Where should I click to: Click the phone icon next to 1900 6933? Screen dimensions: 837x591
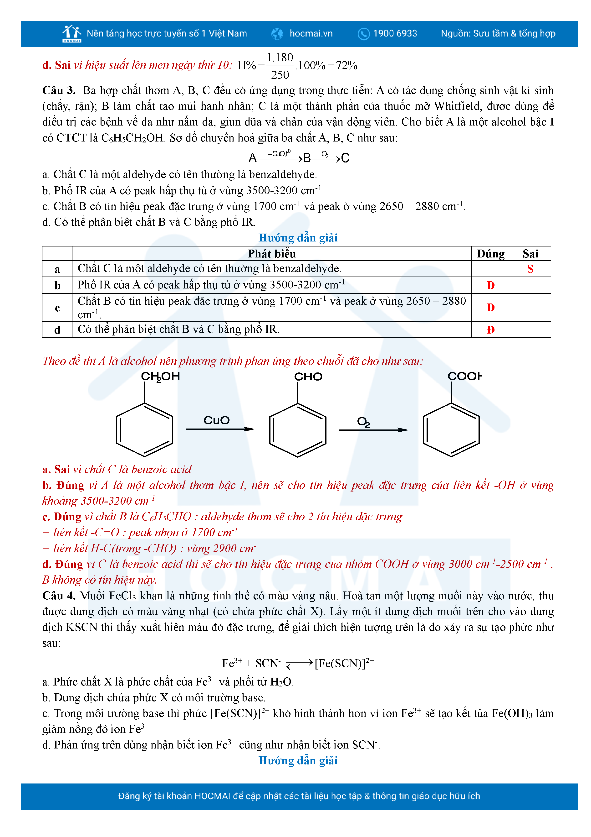[x=363, y=34]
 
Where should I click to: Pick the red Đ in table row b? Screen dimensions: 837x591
[x=490, y=285]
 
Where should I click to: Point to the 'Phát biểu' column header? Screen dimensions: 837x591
[x=272, y=254]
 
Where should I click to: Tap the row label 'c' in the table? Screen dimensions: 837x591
[x=57, y=308]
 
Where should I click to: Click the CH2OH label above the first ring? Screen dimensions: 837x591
[x=160, y=377]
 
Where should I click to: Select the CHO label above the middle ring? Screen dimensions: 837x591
[x=308, y=377]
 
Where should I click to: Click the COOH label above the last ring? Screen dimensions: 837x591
[x=464, y=376]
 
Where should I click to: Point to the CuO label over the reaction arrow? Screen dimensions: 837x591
[x=216, y=420]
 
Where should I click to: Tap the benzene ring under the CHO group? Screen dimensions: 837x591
[x=297, y=430]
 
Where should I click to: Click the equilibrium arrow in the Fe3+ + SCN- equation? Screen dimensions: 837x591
[x=299, y=664]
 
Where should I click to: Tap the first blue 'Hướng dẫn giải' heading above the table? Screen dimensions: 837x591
[x=298, y=238]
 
